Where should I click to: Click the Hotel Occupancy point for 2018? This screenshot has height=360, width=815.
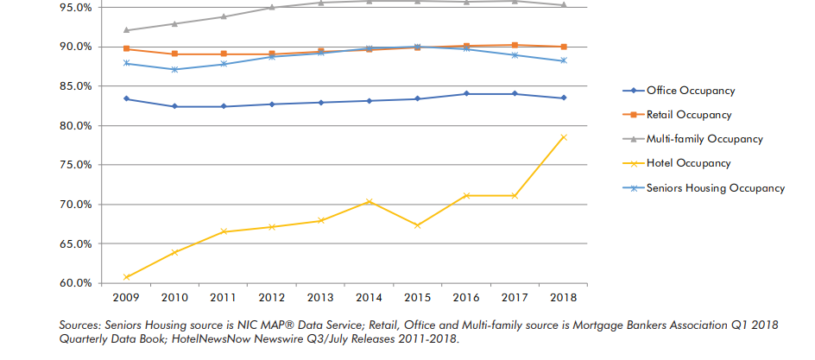[x=564, y=137]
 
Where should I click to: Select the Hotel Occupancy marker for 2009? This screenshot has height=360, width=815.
[x=126, y=277]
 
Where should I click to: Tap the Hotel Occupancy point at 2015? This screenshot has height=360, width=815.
[x=418, y=225]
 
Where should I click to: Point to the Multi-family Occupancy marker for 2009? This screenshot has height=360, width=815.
[x=126, y=30]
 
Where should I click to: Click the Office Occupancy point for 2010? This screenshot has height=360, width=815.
[x=175, y=106]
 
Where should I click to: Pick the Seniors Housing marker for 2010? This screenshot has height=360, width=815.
[x=175, y=69]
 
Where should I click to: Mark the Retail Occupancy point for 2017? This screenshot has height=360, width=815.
[x=515, y=45]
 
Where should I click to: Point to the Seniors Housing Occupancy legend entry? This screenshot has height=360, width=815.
[x=709, y=187]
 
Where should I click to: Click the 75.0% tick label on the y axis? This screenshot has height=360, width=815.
[x=75, y=165]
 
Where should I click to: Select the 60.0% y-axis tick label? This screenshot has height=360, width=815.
[x=75, y=283]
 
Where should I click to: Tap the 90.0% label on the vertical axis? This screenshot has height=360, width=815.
[x=75, y=47]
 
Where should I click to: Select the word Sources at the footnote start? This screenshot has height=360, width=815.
[x=82, y=325]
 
